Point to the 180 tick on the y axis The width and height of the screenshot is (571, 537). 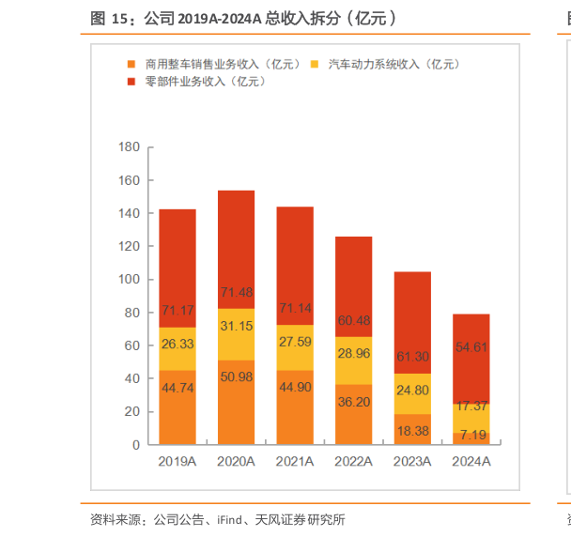point(130,147)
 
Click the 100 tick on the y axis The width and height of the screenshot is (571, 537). point(130,280)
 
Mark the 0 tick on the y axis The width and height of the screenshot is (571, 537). point(136,445)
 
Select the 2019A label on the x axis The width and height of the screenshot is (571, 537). point(177,462)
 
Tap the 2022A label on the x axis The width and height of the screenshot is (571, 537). point(353,462)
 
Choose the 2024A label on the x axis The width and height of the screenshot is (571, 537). point(471,462)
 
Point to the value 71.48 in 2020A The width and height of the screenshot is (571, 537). point(236,292)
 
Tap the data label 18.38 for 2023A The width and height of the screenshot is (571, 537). point(412,430)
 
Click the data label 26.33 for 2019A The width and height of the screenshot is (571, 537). point(177,344)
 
